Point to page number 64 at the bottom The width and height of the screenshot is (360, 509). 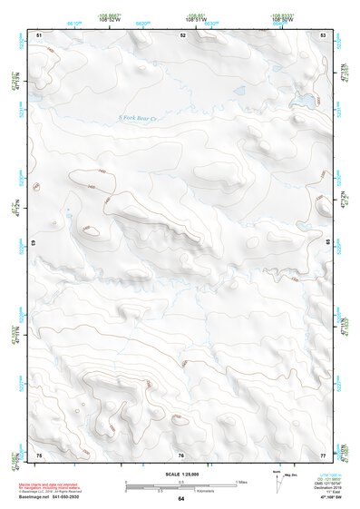click(180, 500)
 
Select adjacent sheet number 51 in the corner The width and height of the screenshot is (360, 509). click(39, 34)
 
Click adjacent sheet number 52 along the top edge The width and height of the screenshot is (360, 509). click(183, 34)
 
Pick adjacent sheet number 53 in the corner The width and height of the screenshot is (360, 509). click(324, 34)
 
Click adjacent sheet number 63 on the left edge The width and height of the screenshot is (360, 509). click(34, 244)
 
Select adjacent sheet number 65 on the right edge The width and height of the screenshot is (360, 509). click(328, 244)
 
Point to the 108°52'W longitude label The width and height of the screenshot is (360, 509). click(109, 17)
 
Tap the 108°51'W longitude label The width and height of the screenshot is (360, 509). click(193, 17)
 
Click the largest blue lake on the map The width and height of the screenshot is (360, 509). click(307, 97)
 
